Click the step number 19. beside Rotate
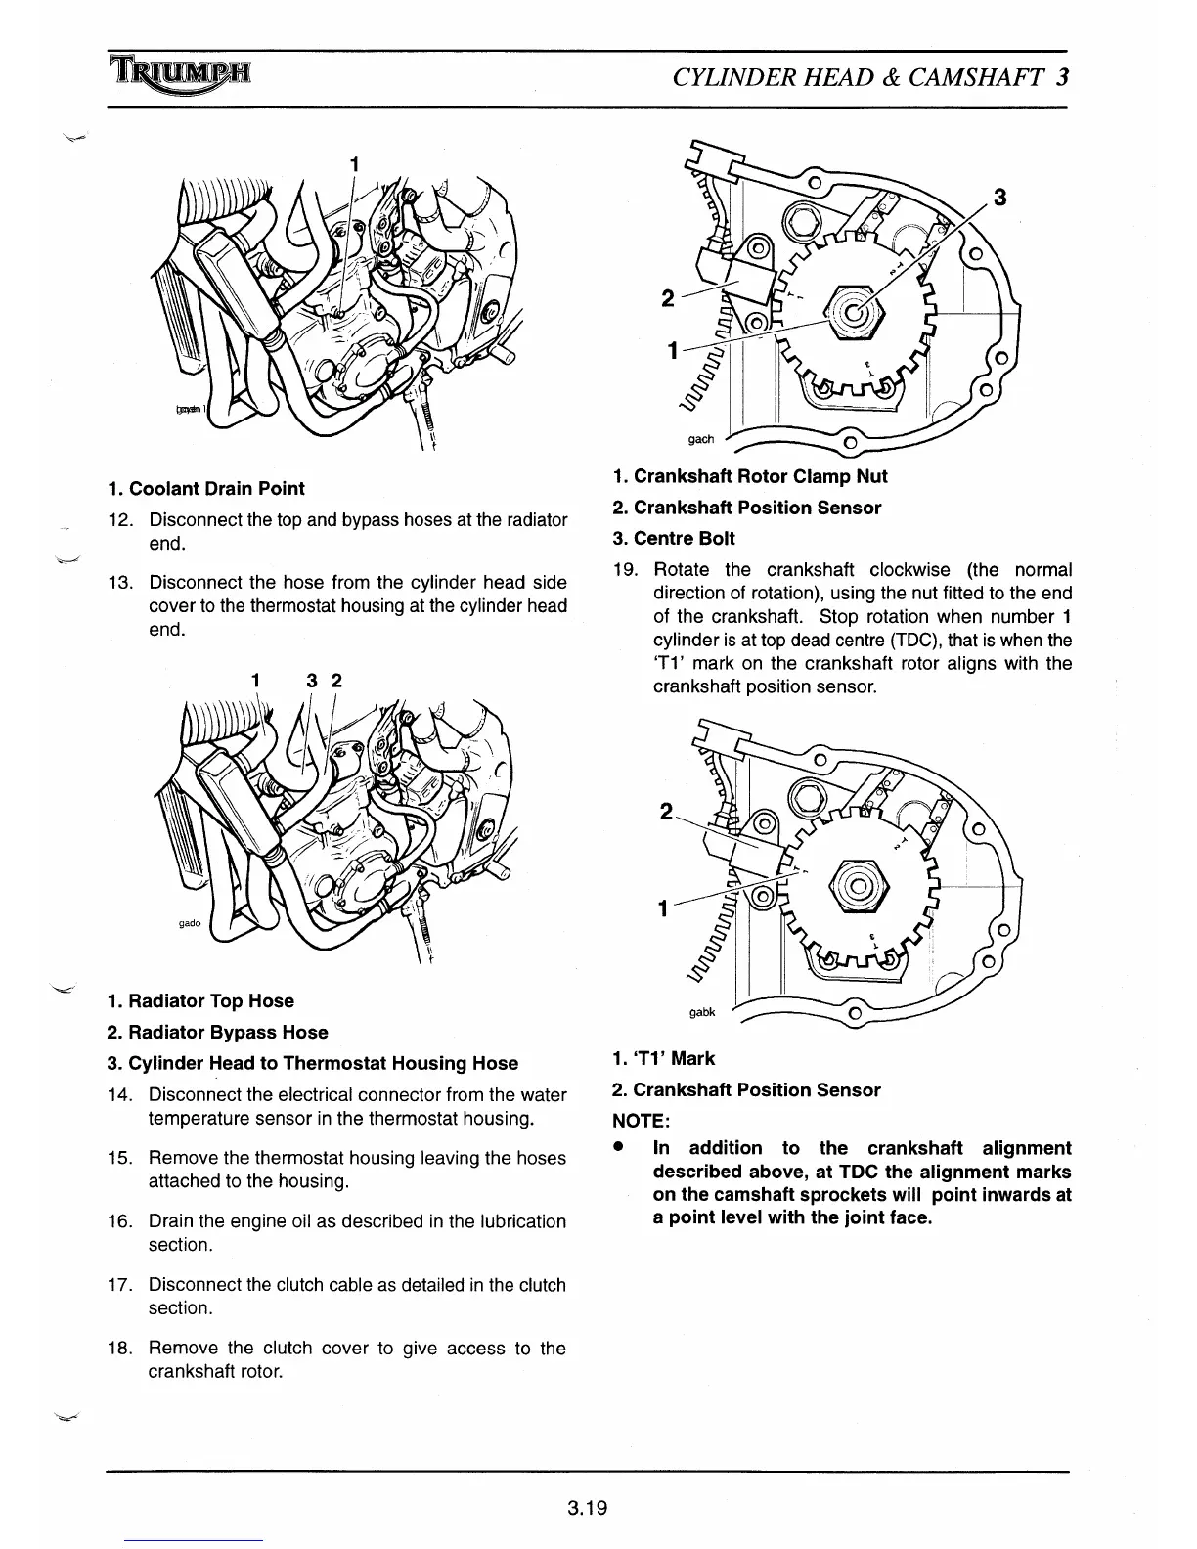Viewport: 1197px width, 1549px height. pyautogui.click(x=626, y=570)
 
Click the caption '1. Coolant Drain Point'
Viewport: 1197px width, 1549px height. pyautogui.click(x=206, y=488)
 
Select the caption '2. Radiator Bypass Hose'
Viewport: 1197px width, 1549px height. pyautogui.click(x=217, y=1032)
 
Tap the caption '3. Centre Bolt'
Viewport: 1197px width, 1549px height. pyautogui.click(x=674, y=538)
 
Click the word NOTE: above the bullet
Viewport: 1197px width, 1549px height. pyautogui.click(x=641, y=1120)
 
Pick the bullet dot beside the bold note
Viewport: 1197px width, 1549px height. pyautogui.click(x=619, y=1149)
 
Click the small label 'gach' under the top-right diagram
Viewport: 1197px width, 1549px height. pyautogui.click(x=701, y=439)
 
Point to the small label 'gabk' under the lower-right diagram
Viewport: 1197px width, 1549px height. pyautogui.click(x=702, y=1012)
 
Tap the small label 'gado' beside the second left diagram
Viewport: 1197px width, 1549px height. pyautogui.click(x=190, y=923)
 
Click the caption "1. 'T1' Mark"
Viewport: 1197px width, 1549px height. pyautogui.click(x=663, y=1058)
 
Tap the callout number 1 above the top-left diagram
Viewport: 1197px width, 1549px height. pyautogui.click(x=355, y=164)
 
